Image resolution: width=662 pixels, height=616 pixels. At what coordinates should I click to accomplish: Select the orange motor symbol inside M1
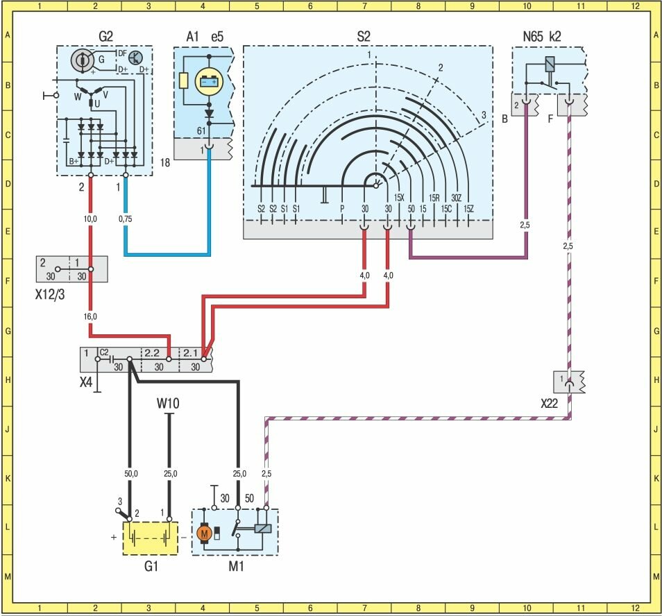pyautogui.click(x=203, y=533)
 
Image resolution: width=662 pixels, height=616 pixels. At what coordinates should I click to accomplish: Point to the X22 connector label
pyautogui.click(x=550, y=402)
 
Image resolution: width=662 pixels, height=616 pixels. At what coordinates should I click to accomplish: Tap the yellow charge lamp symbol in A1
pyautogui.click(x=207, y=82)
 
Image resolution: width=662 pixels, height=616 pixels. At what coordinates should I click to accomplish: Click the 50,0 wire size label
pyautogui.click(x=130, y=474)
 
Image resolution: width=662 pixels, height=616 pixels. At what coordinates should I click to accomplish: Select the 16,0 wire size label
pyautogui.click(x=90, y=316)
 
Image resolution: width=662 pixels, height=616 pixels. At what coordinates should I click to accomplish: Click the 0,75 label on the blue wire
pyautogui.click(x=126, y=219)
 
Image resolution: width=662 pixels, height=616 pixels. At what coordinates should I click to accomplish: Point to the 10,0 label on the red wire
pyautogui.click(x=90, y=219)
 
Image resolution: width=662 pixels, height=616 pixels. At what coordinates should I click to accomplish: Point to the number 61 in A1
pyautogui.click(x=202, y=130)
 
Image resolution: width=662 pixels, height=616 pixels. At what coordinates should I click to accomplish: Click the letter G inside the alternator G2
pyautogui.click(x=101, y=60)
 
